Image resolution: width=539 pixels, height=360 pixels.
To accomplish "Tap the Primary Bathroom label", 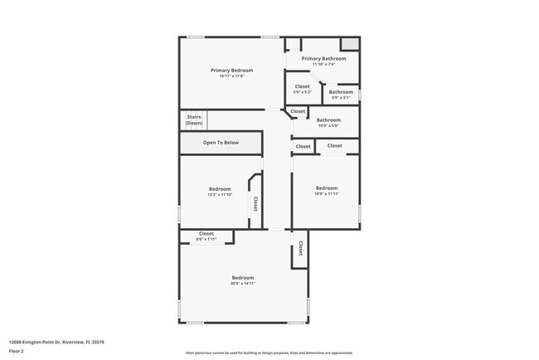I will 323,58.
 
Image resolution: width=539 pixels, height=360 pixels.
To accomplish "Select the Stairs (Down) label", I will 195,119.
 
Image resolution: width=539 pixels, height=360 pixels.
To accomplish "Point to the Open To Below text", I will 221,143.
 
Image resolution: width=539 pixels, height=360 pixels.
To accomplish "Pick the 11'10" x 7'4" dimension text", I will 323,64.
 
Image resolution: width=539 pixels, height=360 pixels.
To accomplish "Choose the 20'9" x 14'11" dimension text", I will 242,283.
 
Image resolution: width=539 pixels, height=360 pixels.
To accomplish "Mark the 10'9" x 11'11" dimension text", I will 327,193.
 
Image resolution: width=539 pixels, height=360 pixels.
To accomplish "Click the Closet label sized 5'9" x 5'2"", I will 303,85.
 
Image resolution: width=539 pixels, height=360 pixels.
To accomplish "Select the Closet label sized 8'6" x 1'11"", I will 206,234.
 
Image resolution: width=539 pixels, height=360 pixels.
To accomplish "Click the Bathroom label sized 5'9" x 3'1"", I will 341,91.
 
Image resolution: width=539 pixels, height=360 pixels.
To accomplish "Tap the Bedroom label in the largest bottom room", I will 242,277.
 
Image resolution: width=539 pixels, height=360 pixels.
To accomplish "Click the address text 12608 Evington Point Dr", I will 56,342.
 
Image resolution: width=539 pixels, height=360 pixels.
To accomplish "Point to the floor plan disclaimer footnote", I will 269,352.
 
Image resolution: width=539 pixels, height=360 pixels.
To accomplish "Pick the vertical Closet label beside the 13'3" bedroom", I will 255,203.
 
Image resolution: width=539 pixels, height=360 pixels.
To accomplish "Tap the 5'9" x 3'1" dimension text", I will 341,97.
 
